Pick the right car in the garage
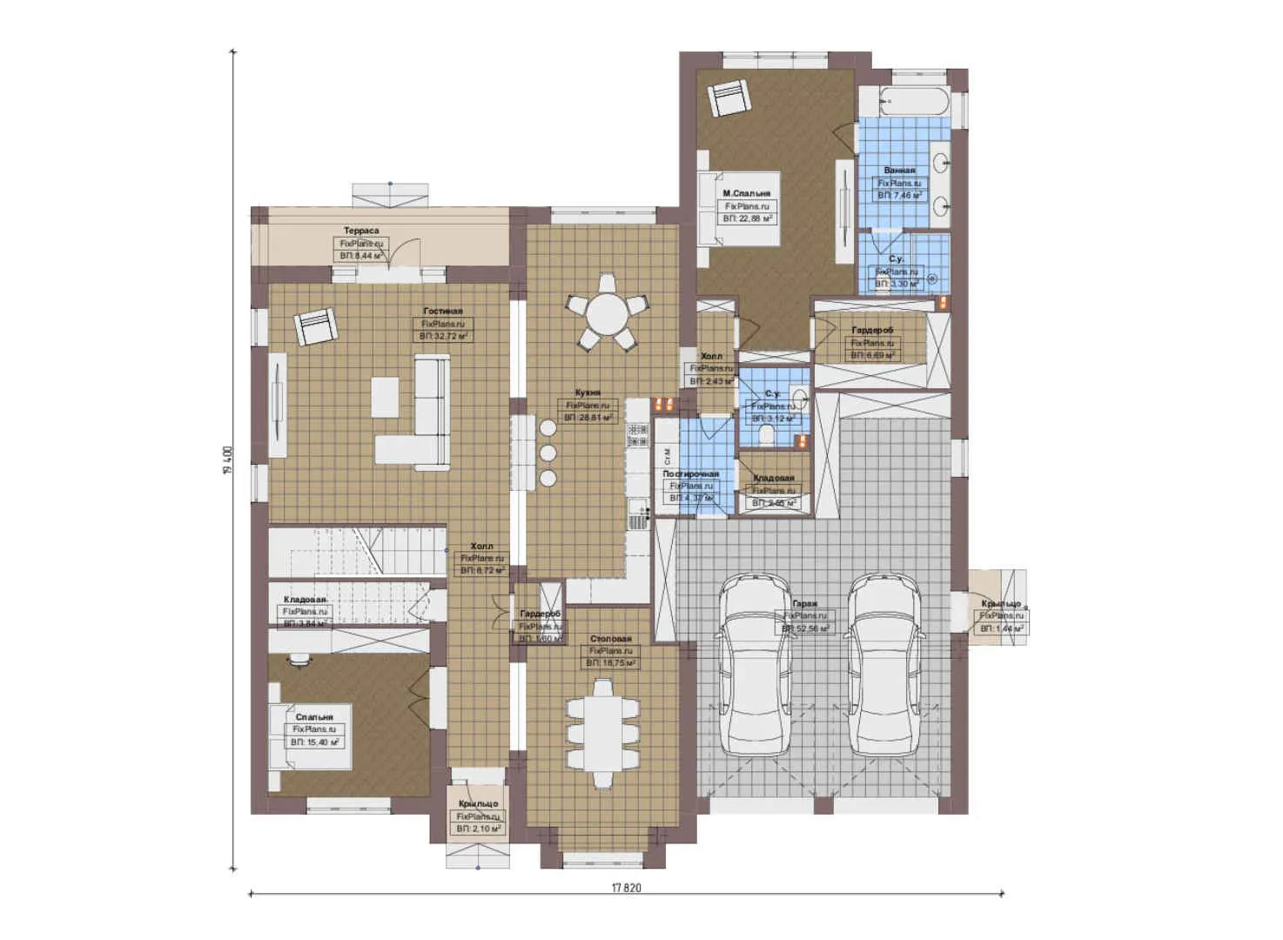[x=884, y=666]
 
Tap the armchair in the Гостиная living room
[x=316, y=327]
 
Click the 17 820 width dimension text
[x=626, y=889]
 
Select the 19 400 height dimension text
[x=227, y=460]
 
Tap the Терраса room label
[x=360, y=231]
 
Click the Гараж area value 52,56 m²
[x=805, y=628]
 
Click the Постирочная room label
[x=691, y=473]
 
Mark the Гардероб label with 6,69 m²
[x=872, y=331]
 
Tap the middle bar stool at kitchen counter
[x=547, y=453]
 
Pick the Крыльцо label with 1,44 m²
[x=1000, y=604]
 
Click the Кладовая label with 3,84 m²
[x=305, y=600]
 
